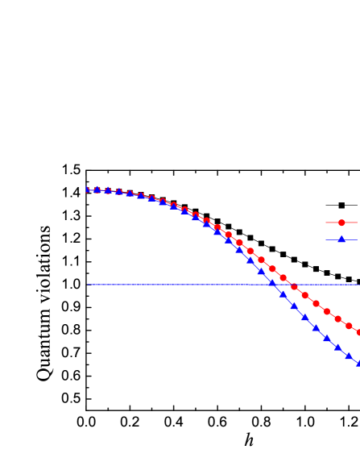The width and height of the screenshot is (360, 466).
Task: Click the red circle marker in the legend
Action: [341, 223]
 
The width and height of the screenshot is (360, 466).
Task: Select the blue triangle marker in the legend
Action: [341, 239]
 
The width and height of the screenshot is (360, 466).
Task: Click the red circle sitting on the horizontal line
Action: [294, 287]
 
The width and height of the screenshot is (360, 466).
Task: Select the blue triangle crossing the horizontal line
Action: [272, 283]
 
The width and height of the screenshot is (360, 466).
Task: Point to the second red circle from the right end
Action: [349, 326]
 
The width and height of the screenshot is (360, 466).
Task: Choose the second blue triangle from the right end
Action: [349, 356]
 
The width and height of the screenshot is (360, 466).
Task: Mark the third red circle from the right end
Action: [337, 318]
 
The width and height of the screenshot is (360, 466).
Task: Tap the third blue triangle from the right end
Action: [337, 347]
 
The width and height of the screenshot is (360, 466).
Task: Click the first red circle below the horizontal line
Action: [304, 295]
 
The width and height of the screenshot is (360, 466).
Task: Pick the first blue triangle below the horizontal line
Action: [283, 294]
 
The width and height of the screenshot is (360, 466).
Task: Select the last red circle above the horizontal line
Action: [283, 278]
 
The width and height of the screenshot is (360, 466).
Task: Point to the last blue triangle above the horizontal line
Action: [261, 272]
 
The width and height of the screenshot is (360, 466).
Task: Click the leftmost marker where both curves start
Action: [88, 189]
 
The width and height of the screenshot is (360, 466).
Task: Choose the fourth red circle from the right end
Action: [327, 311]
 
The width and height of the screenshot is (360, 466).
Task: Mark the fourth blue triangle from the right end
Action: [327, 338]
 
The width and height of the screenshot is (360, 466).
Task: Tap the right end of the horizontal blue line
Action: [358, 284]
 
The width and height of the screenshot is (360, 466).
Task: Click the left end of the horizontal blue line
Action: [88, 284]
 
